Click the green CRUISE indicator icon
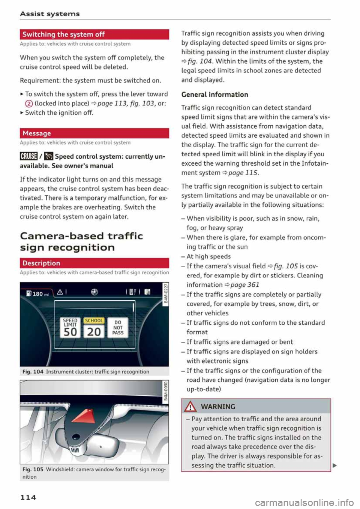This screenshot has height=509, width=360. pyautogui.click(x=28, y=156)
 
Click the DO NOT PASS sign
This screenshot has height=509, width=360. pyautogui.click(x=117, y=327)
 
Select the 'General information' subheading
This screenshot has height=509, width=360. pyautogui.click(x=214, y=94)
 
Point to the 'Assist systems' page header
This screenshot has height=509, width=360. pyautogui.click(x=50, y=14)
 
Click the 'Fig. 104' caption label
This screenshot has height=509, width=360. pyautogui.click(x=33, y=372)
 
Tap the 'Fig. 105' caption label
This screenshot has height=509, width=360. pyautogui.click(x=33, y=469)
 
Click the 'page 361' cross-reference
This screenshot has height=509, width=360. pyautogui.click(x=244, y=285)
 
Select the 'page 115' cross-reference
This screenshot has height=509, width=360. pyautogui.click(x=243, y=173)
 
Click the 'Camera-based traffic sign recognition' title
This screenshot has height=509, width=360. pyautogui.click(x=81, y=242)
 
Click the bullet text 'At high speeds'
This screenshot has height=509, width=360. pyautogui.click(x=208, y=257)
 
